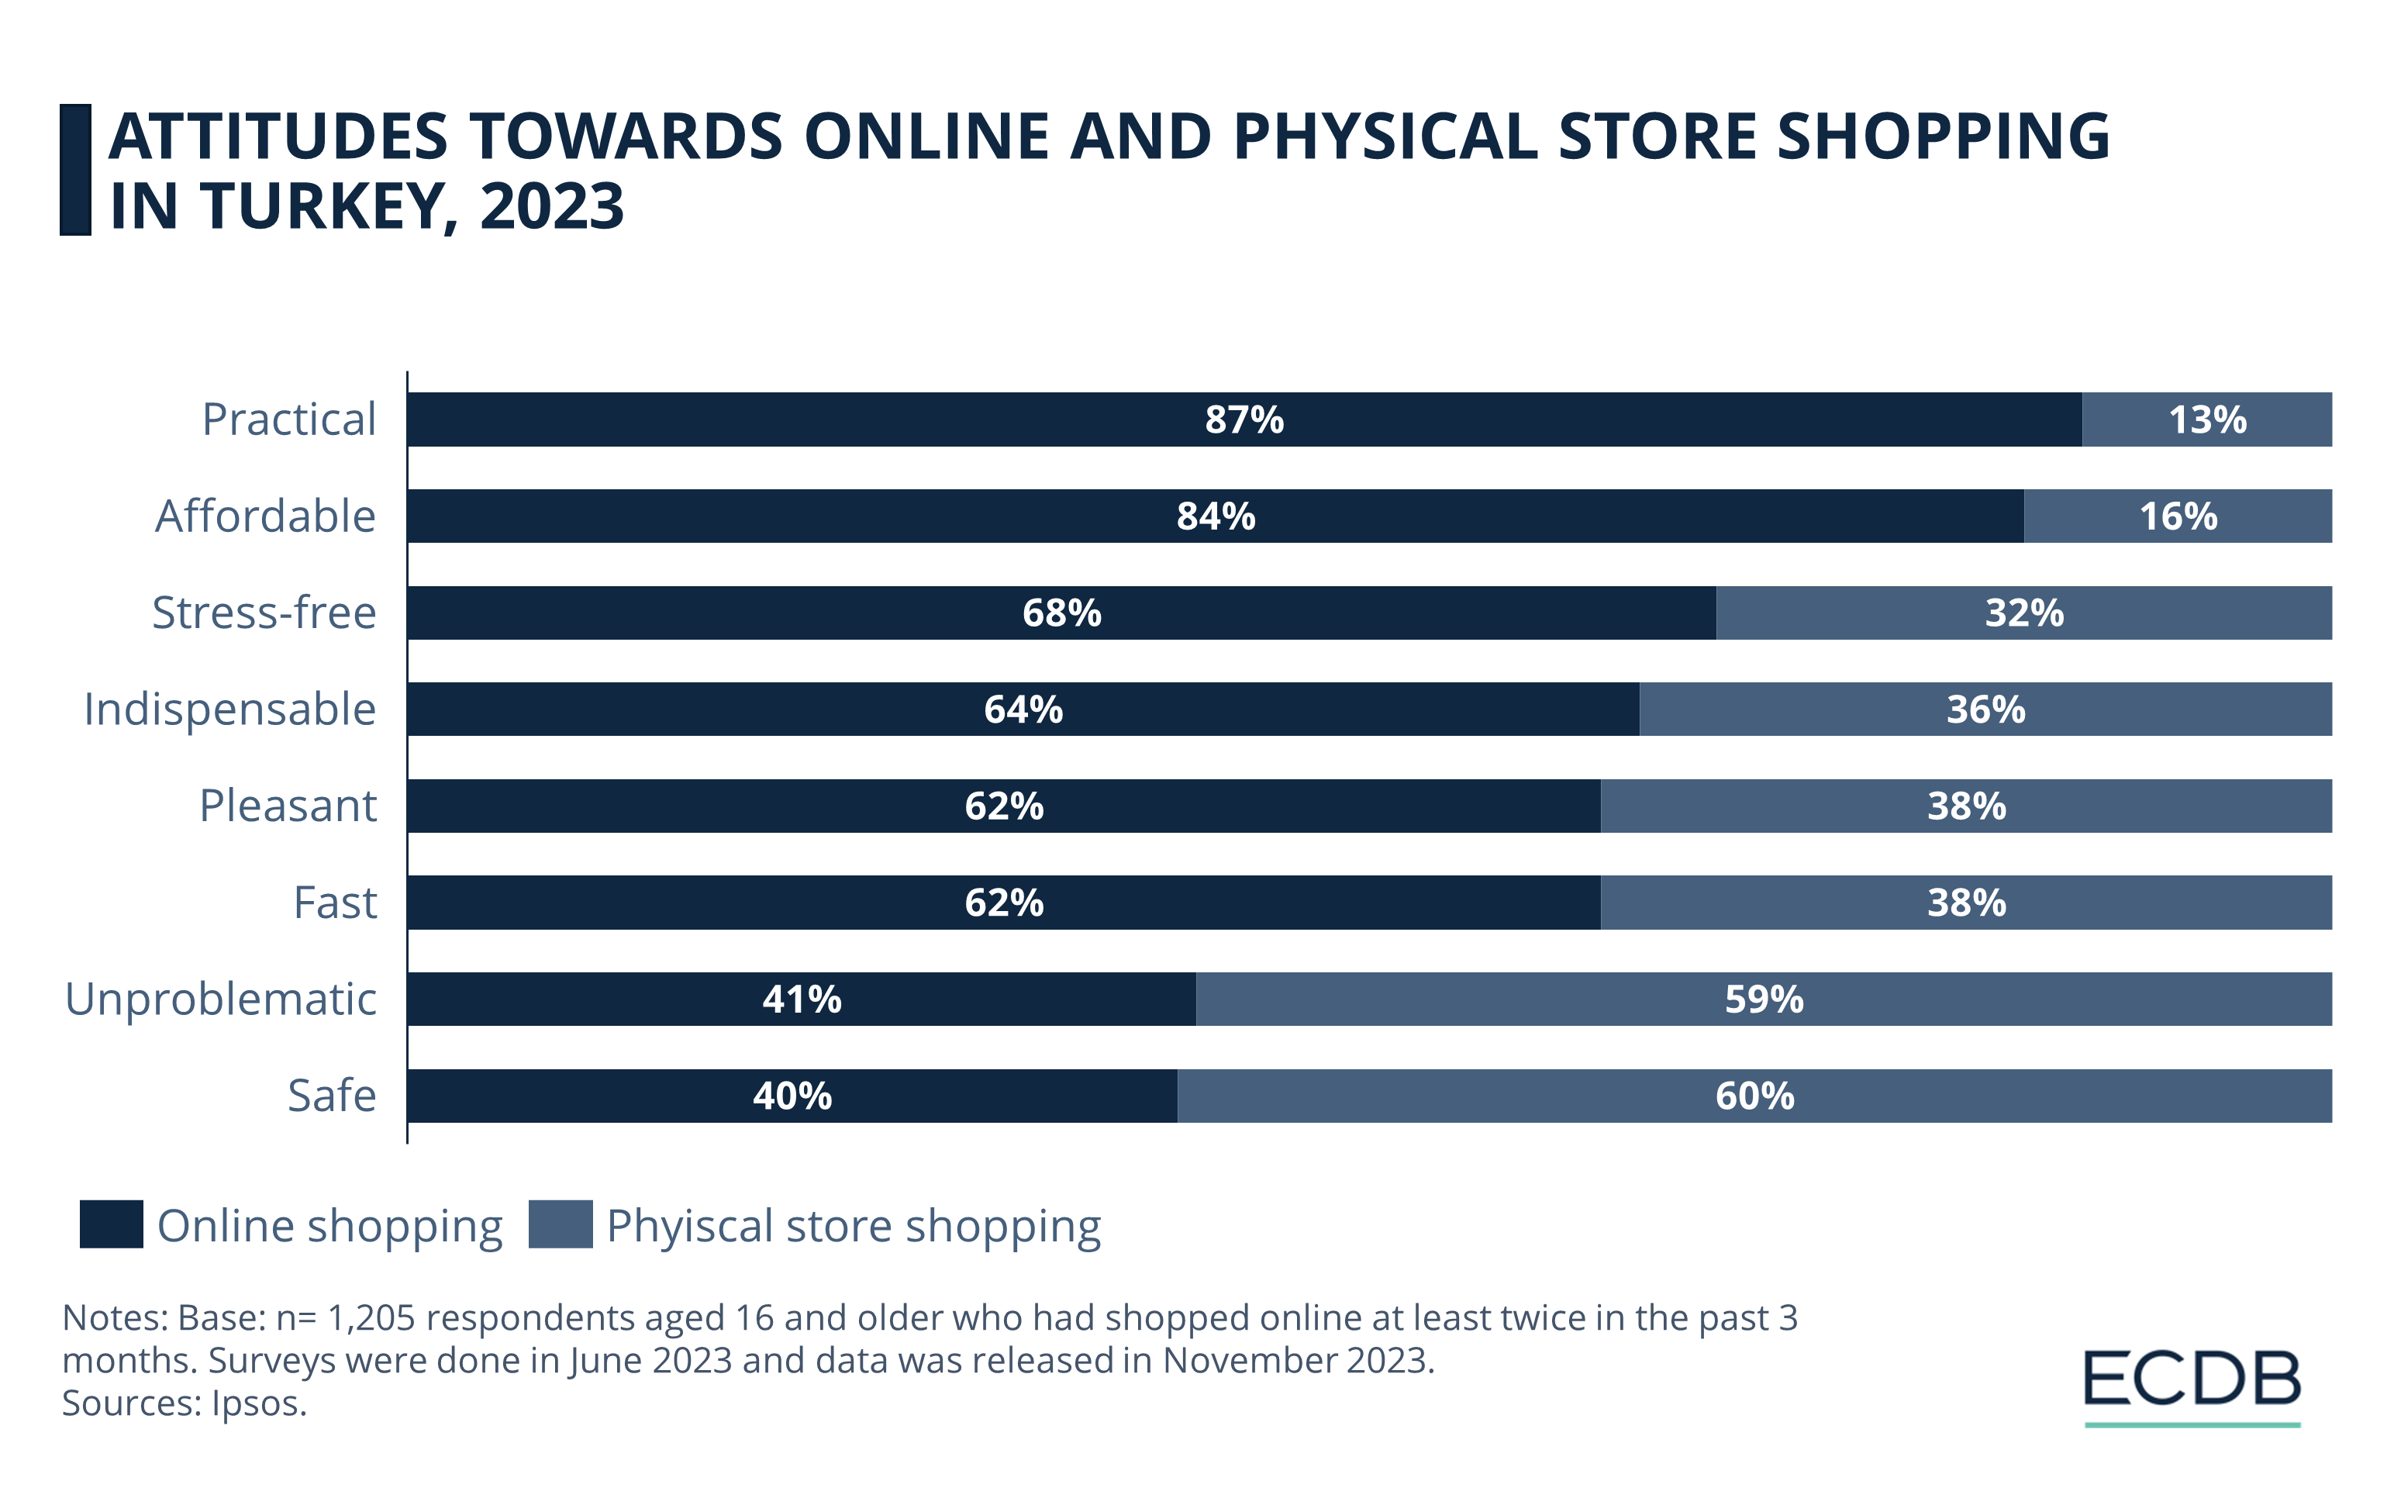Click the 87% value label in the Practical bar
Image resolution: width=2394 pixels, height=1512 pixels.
(1244, 419)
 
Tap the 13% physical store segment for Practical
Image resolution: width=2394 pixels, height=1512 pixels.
(2206, 419)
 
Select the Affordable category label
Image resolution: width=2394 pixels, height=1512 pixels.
(265, 516)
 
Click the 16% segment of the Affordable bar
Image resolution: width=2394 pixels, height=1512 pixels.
(2177, 516)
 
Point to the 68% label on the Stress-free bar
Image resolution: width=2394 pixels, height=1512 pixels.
(1062, 613)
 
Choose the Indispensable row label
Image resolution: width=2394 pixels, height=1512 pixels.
(229, 709)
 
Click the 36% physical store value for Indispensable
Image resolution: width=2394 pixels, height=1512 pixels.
(1985, 709)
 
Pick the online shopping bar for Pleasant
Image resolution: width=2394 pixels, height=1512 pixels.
(1003, 805)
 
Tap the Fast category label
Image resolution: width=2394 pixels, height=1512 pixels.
(335, 903)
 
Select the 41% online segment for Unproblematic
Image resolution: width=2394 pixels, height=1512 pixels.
(802, 999)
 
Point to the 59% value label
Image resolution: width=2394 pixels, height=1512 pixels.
(1764, 999)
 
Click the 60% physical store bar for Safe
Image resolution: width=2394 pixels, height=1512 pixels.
(1754, 1096)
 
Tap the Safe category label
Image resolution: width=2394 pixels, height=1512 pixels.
(332, 1096)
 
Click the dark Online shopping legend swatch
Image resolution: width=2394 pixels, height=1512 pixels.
(112, 1224)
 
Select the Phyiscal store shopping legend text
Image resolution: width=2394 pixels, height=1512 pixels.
(853, 1226)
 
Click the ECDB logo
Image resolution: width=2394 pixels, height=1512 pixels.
(2192, 1383)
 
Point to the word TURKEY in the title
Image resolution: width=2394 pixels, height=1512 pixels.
(324, 207)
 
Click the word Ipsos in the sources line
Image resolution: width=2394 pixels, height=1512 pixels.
(258, 1403)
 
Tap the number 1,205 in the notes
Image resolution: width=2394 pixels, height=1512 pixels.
(371, 1318)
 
